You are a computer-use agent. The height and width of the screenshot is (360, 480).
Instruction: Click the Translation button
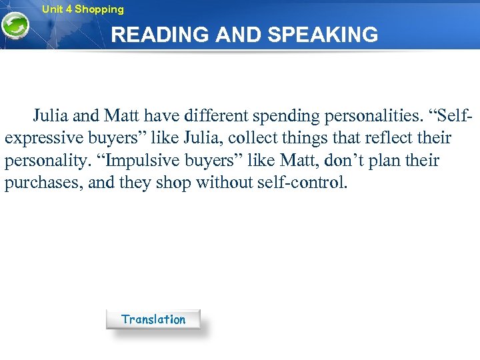click(153, 319)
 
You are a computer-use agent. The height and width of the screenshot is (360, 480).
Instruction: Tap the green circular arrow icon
click(14, 27)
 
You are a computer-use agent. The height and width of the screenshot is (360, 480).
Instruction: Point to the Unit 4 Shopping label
click(83, 9)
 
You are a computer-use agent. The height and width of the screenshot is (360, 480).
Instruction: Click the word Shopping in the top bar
click(99, 9)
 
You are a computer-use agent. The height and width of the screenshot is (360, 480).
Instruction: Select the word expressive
click(45, 139)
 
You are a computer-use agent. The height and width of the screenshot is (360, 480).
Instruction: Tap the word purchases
click(41, 183)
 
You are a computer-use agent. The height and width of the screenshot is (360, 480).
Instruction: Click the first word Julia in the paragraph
click(51, 116)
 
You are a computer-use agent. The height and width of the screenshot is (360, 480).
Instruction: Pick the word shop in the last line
click(173, 183)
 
